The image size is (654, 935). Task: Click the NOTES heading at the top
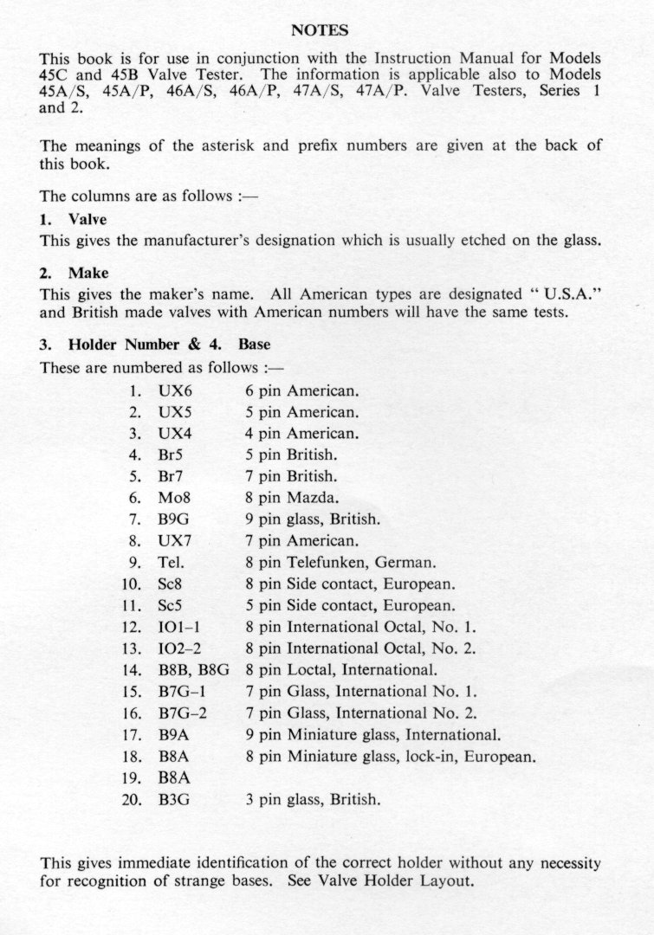click(321, 30)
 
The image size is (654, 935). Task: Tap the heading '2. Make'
click(74, 273)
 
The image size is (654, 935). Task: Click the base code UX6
click(175, 390)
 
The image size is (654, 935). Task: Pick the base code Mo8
click(175, 498)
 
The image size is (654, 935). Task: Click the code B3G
click(175, 799)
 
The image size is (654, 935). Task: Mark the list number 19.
click(133, 777)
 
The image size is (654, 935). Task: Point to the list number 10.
click(133, 584)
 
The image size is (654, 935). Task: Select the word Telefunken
click(333, 562)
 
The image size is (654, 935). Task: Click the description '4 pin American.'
click(302, 433)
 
